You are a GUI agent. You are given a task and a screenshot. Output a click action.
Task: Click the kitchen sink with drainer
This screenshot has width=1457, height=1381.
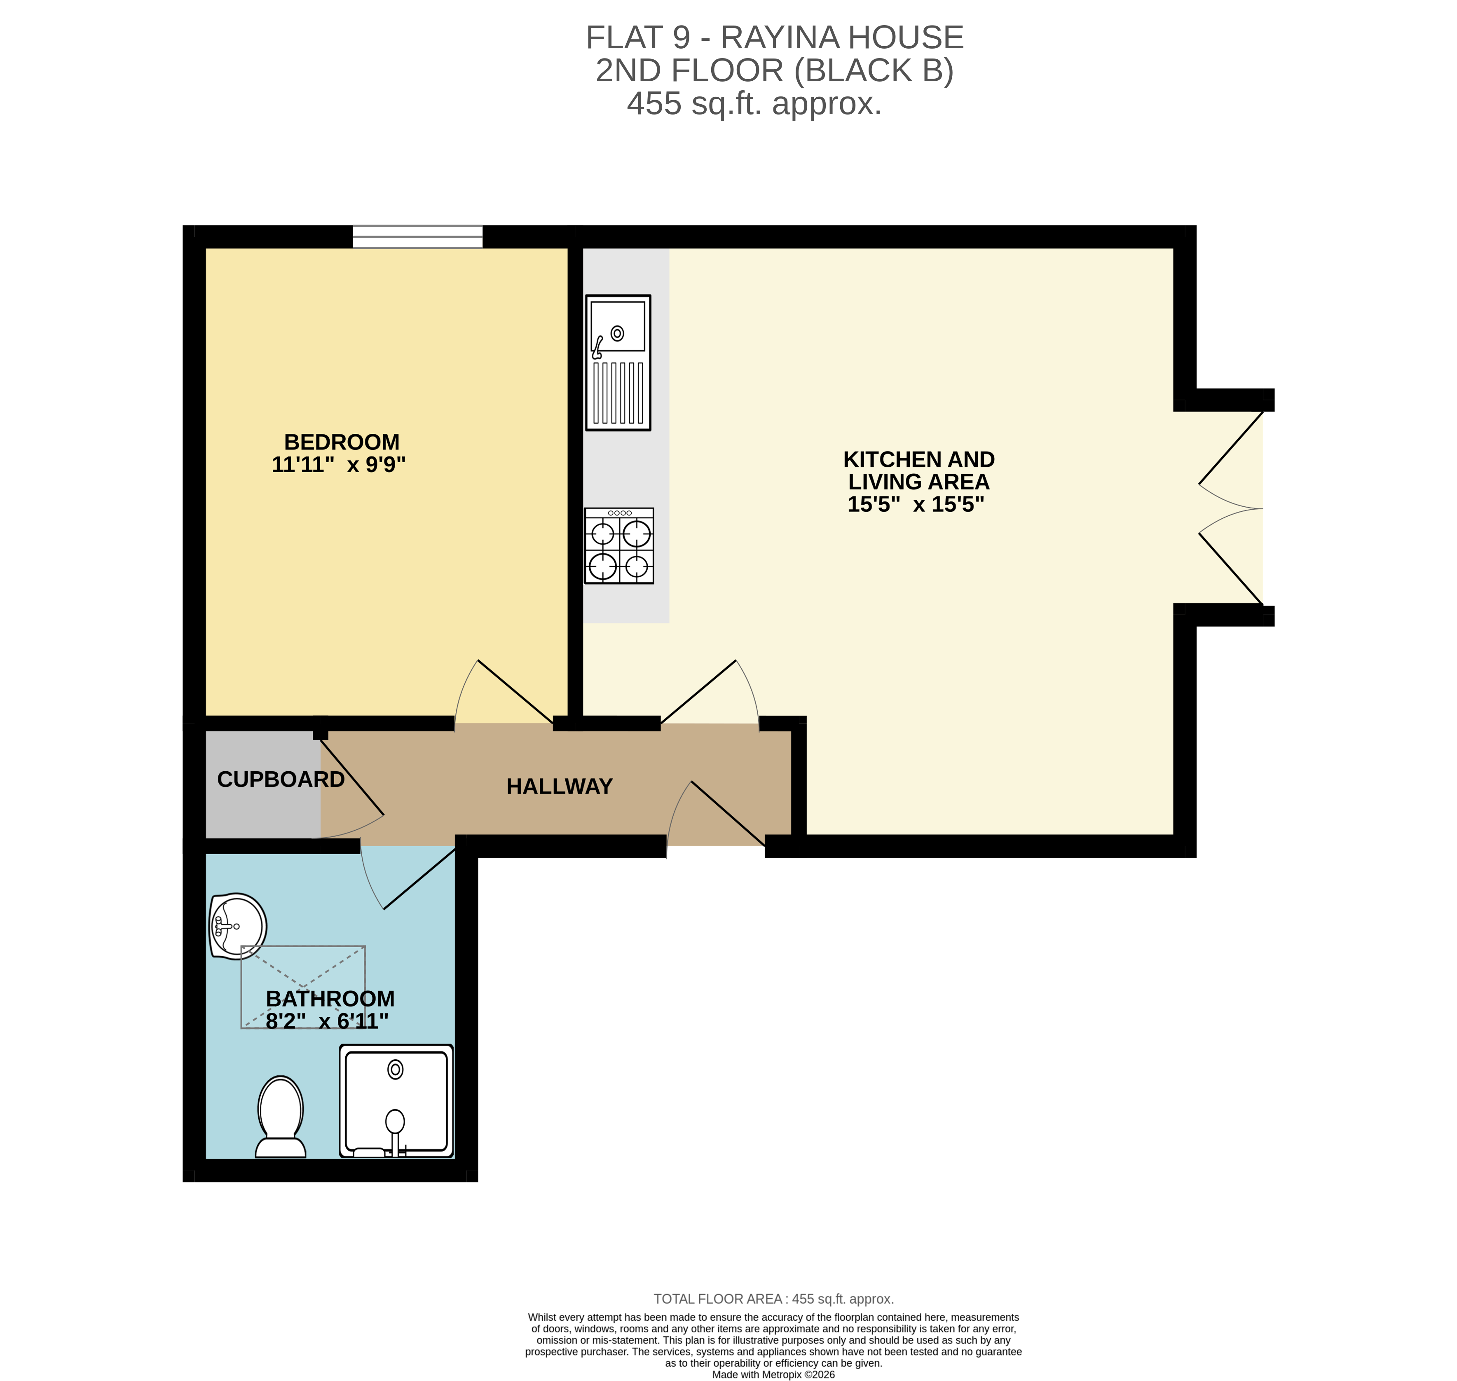click(x=618, y=362)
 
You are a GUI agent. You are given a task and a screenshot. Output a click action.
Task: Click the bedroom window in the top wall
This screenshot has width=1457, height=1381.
click(x=417, y=237)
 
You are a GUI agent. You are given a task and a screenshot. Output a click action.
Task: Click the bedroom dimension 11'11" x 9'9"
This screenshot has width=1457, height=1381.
click(x=339, y=464)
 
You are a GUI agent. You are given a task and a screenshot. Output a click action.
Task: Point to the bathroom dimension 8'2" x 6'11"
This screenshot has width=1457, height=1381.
click(x=327, y=1021)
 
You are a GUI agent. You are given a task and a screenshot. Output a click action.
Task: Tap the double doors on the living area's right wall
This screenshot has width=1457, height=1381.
click(x=1231, y=508)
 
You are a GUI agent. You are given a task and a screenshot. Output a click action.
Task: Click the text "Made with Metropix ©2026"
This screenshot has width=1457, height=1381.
click(x=773, y=1374)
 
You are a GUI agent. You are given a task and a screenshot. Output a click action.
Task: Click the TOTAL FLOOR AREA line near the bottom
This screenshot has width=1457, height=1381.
click(x=773, y=1299)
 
